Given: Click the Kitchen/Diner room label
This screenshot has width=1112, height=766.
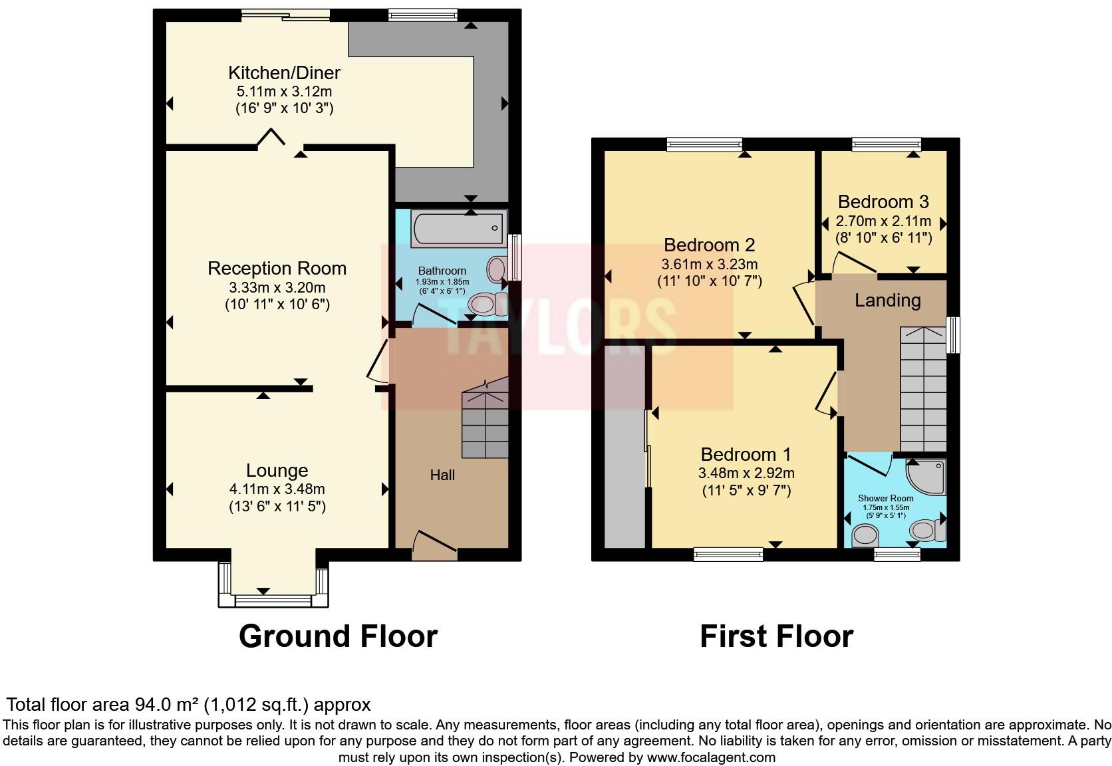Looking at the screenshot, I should click(x=284, y=73).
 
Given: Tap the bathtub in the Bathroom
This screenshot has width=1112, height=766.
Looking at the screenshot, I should click(x=459, y=229).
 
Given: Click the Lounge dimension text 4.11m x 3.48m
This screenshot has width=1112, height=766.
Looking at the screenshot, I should click(x=277, y=489).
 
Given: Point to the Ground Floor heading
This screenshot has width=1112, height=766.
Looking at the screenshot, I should click(x=338, y=636).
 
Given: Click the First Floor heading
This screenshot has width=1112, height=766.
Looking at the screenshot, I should click(x=776, y=636).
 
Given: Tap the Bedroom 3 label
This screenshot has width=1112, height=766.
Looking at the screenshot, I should click(x=883, y=202).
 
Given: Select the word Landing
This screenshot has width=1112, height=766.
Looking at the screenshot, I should click(x=887, y=301).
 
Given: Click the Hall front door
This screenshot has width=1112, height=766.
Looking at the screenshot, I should click(x=435, y=544).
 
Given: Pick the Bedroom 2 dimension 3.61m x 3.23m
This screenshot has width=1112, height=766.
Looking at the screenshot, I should click(x=709, y=264).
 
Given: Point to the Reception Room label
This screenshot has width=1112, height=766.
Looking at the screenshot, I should click(x=277, y=269).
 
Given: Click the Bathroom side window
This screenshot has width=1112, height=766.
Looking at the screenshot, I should click(x=514, y=257).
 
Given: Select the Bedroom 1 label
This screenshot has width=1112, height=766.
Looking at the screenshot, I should click(x=746, y=455).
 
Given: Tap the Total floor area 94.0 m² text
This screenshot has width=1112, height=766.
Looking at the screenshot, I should click(x=188, y=704).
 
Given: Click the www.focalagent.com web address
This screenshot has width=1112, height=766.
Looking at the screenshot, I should click(x=711, y=757).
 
